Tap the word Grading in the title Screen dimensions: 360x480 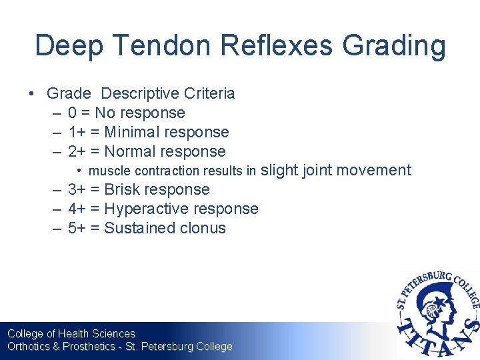click(x=393, y=46)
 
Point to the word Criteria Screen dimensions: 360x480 click(x=211, y=93)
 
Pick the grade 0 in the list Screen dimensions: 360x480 click(x=72, y=113)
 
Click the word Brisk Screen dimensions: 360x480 click(x=122, y=190)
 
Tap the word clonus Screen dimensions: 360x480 click(x=203, y=228)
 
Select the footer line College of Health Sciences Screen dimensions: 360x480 click(x=71, y=333)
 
